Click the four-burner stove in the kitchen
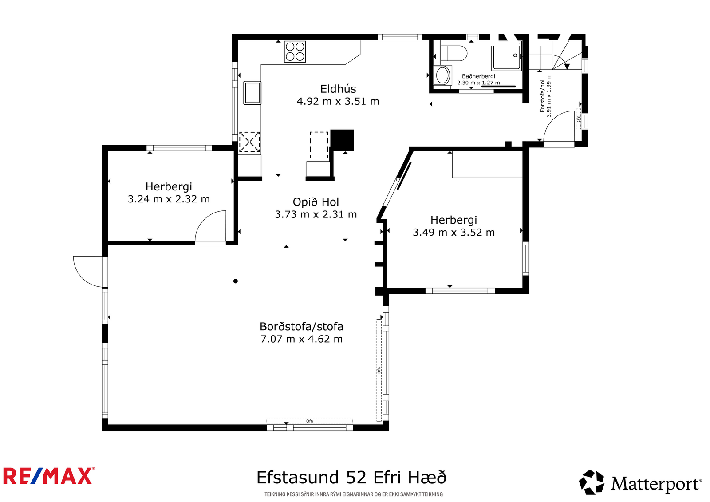295,51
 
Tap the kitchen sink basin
252,93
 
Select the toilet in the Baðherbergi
454,53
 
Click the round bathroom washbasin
443,75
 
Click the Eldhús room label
338,89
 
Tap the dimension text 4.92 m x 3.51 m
338,102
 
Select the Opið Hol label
316,202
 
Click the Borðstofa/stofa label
301,326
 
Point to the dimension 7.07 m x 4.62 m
301,339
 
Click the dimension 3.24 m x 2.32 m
169,199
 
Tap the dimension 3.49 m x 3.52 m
454,233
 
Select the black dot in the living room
236,281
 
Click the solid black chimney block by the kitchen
342,140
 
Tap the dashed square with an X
249,142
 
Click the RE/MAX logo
49,476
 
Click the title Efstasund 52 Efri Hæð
351,477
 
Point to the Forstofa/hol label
542,96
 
